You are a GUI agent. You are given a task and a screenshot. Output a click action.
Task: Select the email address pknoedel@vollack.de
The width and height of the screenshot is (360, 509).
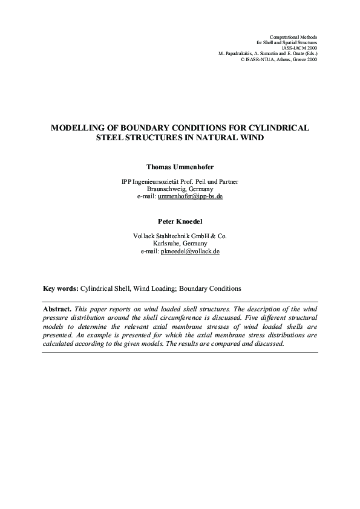[190, 251]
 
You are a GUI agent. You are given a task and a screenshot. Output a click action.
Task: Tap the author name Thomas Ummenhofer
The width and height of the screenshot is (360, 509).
[180, 165]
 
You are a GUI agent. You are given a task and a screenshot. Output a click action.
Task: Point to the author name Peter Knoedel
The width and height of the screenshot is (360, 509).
[180, 221]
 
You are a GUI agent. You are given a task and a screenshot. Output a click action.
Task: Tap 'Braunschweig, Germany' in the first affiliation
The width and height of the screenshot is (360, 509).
[180, 189]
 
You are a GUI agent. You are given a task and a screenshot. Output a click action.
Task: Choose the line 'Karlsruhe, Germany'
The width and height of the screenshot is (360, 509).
[180, 244]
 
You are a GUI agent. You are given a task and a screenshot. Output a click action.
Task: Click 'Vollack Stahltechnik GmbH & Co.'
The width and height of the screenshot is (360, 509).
[180, 236]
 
